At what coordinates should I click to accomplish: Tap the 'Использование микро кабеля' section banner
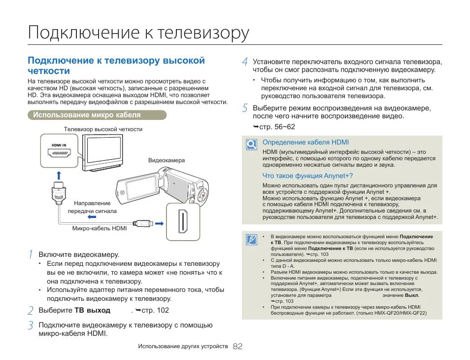pos(87,115)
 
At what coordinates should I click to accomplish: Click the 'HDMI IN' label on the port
pos(59,145)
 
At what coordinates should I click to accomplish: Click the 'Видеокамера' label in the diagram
pos(167,161)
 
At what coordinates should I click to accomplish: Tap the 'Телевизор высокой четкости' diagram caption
pos(103,129)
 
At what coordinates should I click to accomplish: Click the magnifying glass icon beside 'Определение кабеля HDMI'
pos(251,144)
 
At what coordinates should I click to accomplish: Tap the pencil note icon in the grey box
pos(251,240)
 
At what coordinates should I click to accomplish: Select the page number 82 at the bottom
pos(237,347)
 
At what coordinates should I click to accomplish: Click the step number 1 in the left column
pos(31,254)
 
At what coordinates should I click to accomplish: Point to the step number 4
pos(245,62)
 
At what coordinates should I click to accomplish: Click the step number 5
pos(245,108)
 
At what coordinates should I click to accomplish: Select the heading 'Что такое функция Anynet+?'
pos(307,176)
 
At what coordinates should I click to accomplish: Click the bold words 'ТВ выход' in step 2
pos(92,311)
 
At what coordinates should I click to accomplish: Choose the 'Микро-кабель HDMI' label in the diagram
pos(100,228)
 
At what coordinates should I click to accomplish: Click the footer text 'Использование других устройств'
pos(183,347)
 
